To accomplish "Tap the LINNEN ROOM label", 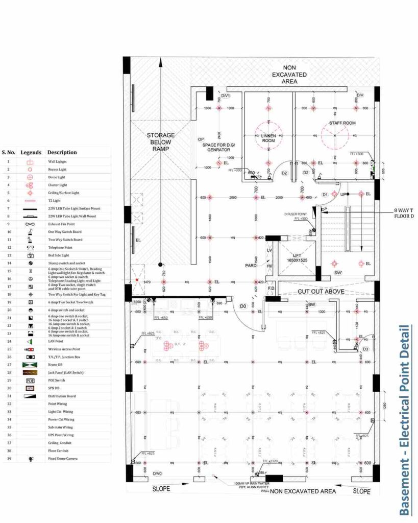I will [268, 138].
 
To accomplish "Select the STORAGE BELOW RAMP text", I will [161, 142].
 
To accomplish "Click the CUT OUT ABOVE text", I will [321, 291].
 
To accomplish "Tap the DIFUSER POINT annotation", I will [296, 215].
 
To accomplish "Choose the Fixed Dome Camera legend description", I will [62, 459].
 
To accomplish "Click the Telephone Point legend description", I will [60, 247].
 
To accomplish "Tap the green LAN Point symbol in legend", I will [30, 341].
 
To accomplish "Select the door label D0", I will [243, 306].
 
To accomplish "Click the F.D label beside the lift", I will [272, 289].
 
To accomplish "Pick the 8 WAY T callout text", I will [403, 210].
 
